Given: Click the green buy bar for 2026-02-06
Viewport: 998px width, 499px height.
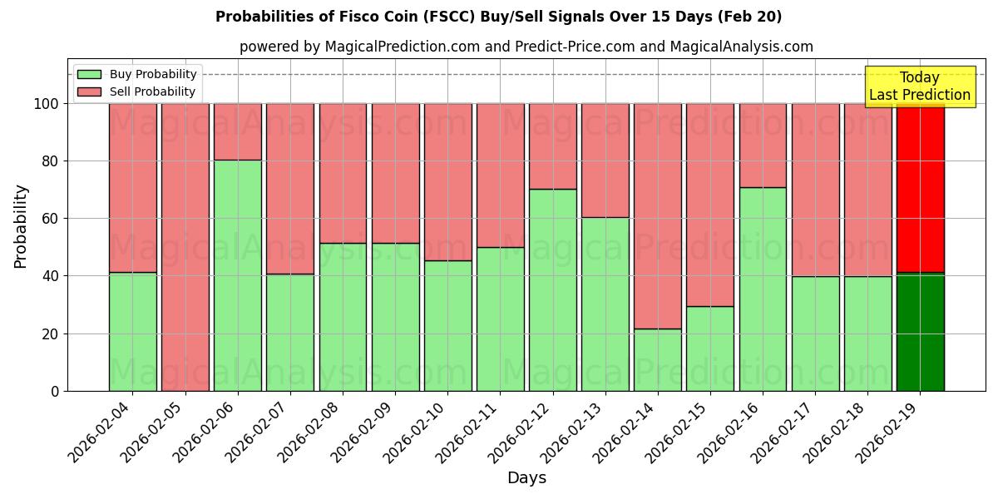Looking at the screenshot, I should click(x=238, y=274).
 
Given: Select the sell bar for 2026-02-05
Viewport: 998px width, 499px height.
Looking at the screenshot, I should click(x=185, y=247).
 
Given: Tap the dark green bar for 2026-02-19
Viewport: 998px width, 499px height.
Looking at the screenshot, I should click(x=920, y=333).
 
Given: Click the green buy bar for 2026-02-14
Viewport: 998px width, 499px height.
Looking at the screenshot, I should click(x=658, y=359).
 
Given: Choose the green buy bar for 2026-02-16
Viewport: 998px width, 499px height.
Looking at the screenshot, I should click(x=763, y=289).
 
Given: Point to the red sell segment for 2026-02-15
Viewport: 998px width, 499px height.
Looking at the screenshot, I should click(x=710, y=205).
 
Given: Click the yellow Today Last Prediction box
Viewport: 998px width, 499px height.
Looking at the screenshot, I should click(x=919, y=86).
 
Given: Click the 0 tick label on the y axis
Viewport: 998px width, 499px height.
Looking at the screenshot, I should click(x=55, y=391).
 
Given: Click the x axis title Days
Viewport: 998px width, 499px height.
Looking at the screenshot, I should click(x=526, y=478).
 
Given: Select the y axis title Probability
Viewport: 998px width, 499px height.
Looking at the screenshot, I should click(x=22, y=226).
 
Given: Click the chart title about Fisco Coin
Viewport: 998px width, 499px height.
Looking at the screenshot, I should click(x=498, y=17).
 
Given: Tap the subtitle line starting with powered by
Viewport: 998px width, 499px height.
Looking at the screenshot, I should click(x=526, y=47).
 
